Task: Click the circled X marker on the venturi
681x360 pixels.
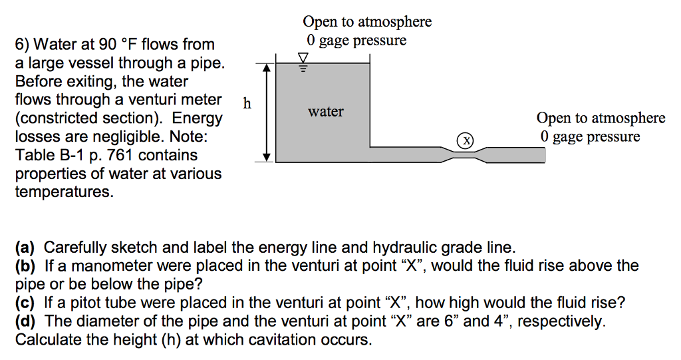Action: (467, 140)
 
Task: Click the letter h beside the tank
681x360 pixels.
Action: (247, 103)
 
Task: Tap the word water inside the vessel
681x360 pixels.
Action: (325, 111)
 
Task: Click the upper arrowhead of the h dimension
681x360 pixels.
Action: (267, 67)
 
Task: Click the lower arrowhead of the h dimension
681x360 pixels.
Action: (267, 157)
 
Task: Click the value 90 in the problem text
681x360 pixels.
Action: (107, 45)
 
